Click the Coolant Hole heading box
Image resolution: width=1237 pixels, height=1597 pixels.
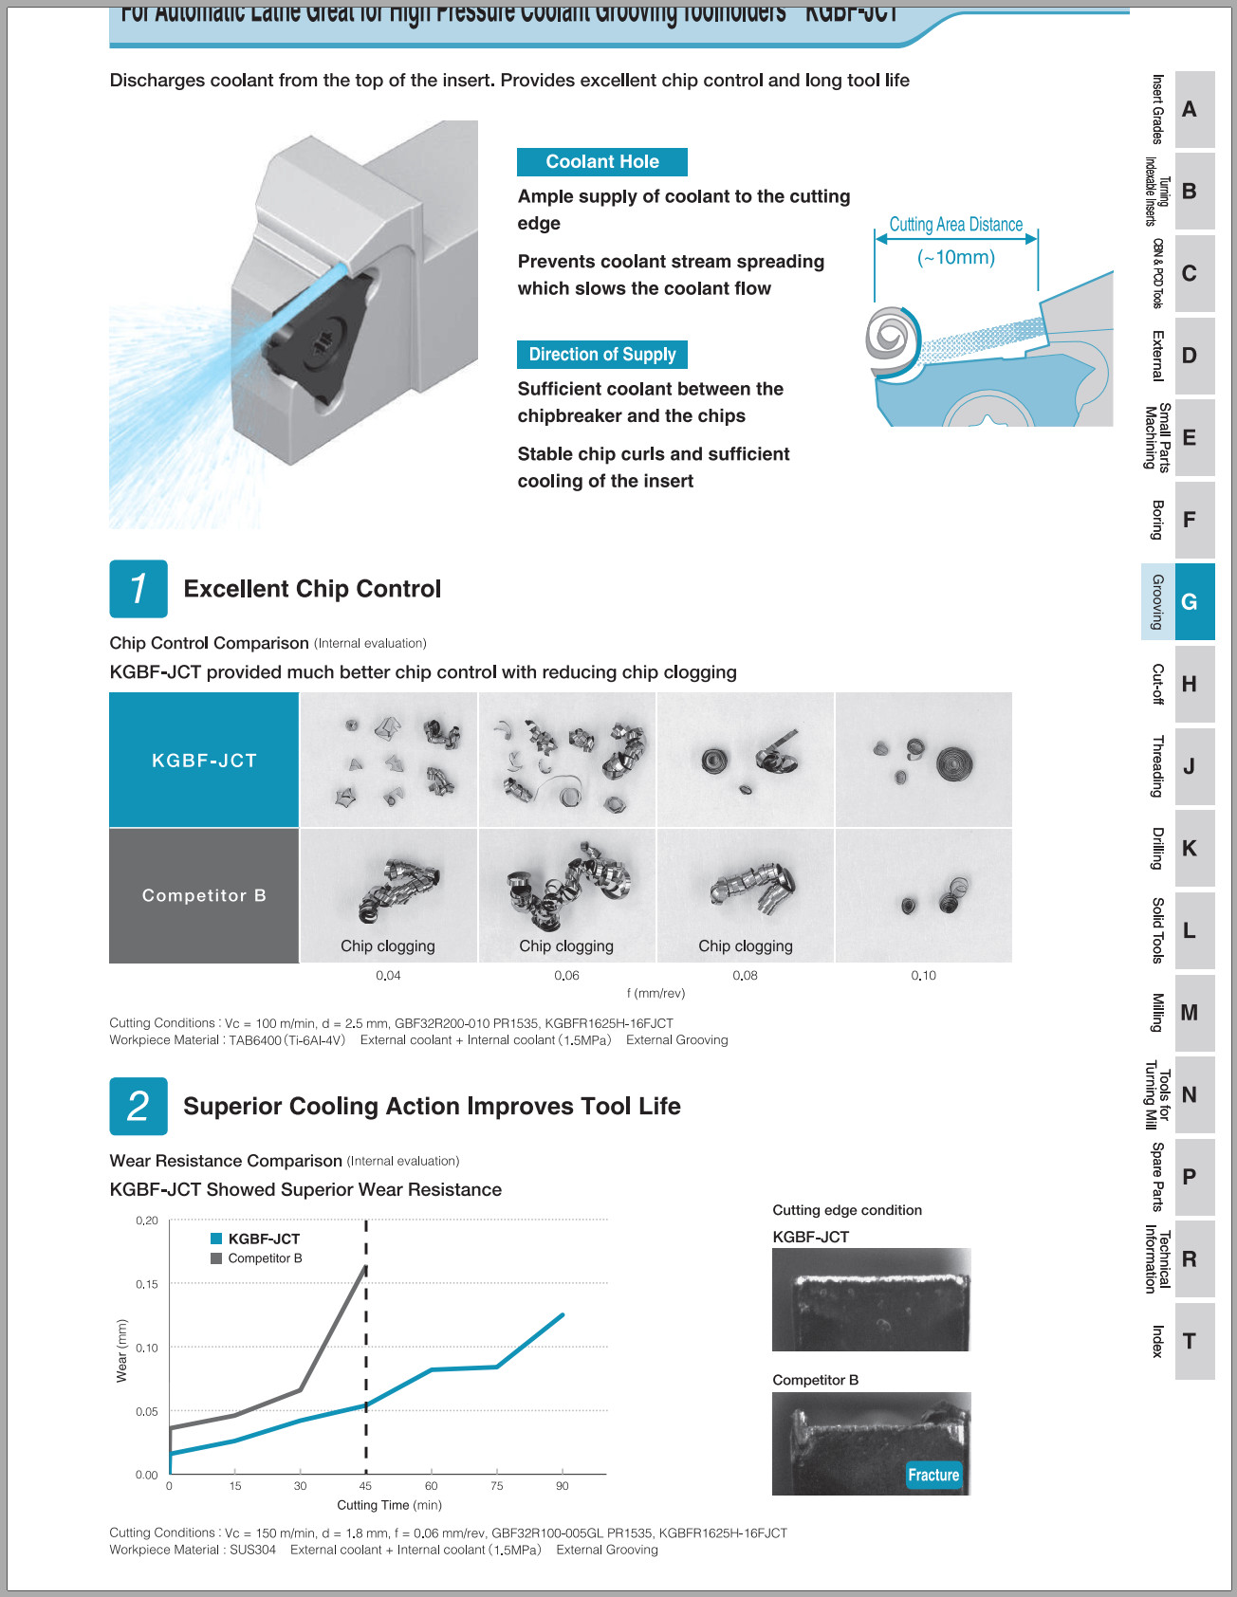(602, 162)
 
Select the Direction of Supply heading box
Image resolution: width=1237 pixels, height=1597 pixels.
(602, 355)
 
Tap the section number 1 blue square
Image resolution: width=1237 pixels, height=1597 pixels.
(138, 589)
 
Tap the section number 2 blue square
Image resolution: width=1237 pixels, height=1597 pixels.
(138, 1106)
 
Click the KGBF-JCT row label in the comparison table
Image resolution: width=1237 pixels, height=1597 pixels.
(204, 761)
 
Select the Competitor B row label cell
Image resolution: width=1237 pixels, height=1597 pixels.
(204, 895)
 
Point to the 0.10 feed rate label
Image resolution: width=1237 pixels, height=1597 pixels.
(923, 976)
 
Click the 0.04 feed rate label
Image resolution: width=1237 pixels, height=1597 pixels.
(388, 976)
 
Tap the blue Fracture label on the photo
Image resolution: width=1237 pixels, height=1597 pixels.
(933, 1475)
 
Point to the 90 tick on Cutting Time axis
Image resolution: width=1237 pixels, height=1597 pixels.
(563, 1486)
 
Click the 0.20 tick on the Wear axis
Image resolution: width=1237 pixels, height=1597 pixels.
(147, 1221)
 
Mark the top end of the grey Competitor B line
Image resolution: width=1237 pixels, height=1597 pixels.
(365, 1267)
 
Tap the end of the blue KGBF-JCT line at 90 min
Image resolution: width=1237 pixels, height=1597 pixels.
(563, 1314)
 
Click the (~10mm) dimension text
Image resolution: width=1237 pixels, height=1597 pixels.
(956, 258)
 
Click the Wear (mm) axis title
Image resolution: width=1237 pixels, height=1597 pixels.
(121, 1350)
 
